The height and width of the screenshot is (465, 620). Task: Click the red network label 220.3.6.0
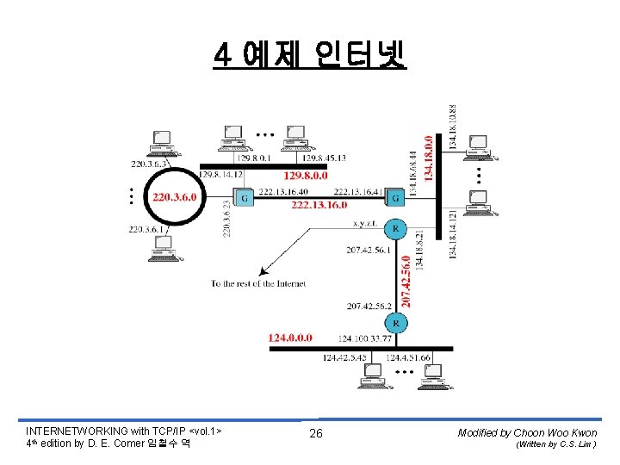(x=175, y=197)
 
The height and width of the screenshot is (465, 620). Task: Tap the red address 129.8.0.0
(x=306, y=175)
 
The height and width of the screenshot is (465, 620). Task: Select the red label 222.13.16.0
(x=319, y=206)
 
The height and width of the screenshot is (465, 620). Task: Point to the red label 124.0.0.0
(x=291, y=338)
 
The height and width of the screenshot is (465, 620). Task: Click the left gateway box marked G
(x=245, y=198)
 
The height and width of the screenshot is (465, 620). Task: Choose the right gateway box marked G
(x=395, y=198)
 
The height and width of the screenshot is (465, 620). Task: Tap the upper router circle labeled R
(x=395, y=229)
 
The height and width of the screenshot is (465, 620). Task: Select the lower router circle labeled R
(x=395, y=323)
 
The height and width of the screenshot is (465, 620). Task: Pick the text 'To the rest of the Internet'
(x=258, y=283)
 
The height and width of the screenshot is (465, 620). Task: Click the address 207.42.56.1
(x=369, y=250)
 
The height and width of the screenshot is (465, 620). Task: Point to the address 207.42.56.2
(x=369, y=305)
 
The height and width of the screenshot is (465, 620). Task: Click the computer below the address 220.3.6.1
(x=161, y=248)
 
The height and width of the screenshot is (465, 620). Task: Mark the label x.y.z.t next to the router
(x=367, y=223)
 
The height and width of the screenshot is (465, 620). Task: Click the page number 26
(x=316, y=433)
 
